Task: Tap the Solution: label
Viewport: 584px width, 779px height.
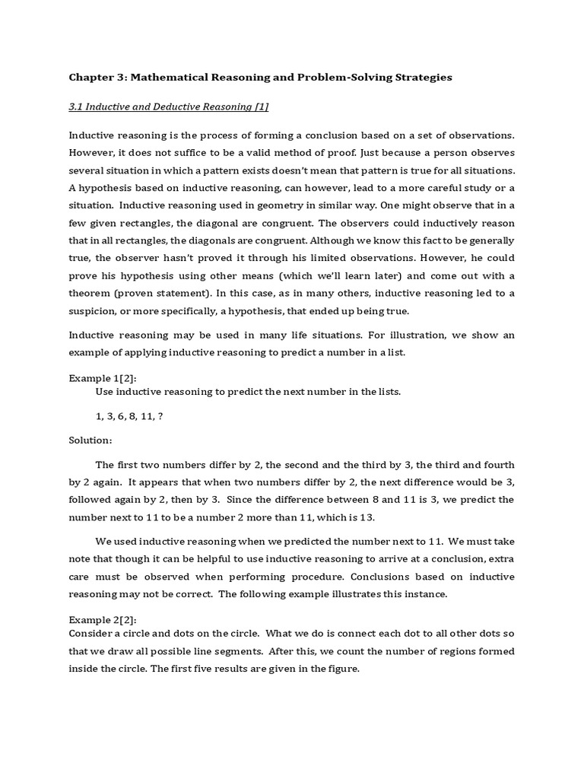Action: tap(90, 440)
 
